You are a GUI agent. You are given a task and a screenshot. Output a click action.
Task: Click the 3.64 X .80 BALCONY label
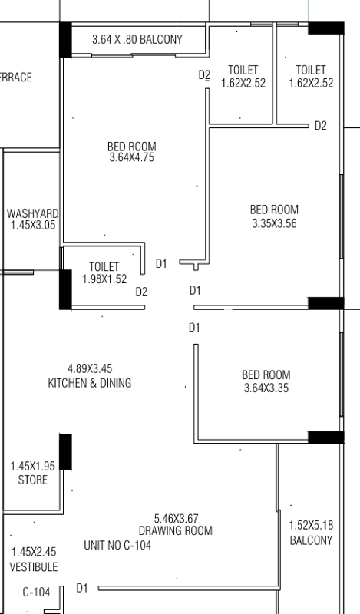pyautogui.click(x=137, y=40)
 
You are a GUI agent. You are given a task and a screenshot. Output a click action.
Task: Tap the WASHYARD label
pyautogui.click(x=32, y=214)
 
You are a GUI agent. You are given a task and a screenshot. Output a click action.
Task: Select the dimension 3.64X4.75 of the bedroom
pyautogui.click(x=131, y=158)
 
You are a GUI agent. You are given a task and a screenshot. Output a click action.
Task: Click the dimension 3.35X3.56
pyautogui.click(x=274, y=223)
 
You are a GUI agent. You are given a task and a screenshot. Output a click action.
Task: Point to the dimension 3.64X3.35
pyautogui.click(x=266, y=388)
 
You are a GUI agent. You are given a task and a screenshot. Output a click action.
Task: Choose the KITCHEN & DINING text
pyautogui.click(x=89, y=383)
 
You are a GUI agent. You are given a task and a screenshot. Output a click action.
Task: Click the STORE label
pyautogui.click(x=32, y=480)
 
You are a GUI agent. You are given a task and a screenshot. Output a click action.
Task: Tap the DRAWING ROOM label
pyautogui.click(x=176, y=531)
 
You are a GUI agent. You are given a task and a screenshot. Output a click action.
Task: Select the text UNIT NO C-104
pyautogui.click(x=117, y=546)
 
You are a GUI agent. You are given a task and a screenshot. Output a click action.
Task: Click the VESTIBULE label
pyautogui.click(x=34, y=567)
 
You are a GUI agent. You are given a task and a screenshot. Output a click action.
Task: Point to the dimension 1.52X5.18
pyautogui.click(x=311, y=525)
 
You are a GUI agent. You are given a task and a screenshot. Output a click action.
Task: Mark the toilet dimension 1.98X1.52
pyautogui.click(x=104, y=279)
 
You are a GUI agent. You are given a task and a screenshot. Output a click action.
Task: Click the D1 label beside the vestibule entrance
pyautogui.click(x=82, y=588)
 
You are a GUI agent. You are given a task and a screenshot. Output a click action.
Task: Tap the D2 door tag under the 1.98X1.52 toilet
pyautogui.click(x=141, y=292)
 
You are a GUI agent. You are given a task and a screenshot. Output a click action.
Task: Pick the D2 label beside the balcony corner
pyautogui.click(x=204, y=74)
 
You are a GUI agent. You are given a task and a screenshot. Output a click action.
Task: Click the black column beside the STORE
pyautogui.click(x=65, y=452)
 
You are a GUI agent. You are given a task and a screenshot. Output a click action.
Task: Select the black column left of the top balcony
pyautogui.click(x=65, y=40)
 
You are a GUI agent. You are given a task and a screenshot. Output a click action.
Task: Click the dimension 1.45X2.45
pyautogui.click(x=34, y=552)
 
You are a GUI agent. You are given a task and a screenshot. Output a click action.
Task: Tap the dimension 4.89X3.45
pyautogui.click(x=90, y=369)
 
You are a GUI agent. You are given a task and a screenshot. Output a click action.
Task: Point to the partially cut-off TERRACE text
pyautogui.click(x=16, y=78)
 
